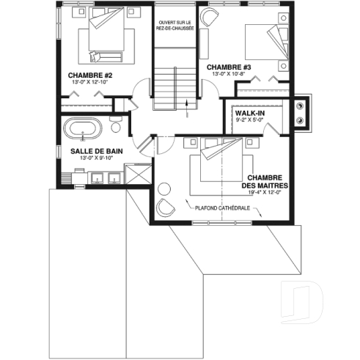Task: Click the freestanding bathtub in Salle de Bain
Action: pyautogui.click(x=83, y=128)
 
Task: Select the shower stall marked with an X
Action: pyautogui.click(x=136, y=175)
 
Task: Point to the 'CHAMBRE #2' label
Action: pyautogui.click(x=89, y=75)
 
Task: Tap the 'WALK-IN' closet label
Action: pyautogui.click(x=250, y=114)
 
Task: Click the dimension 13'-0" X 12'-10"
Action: pyautogui.click(x=89, y=82)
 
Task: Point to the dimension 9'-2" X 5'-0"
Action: pyautogui.click(x=250, y=121)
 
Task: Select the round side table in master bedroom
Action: pyautogui.click(x=163, y=189)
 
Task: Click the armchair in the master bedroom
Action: pyautogui.click(x=166, y=207)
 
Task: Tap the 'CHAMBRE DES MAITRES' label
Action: pyautogui.click(x=267, y=182)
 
